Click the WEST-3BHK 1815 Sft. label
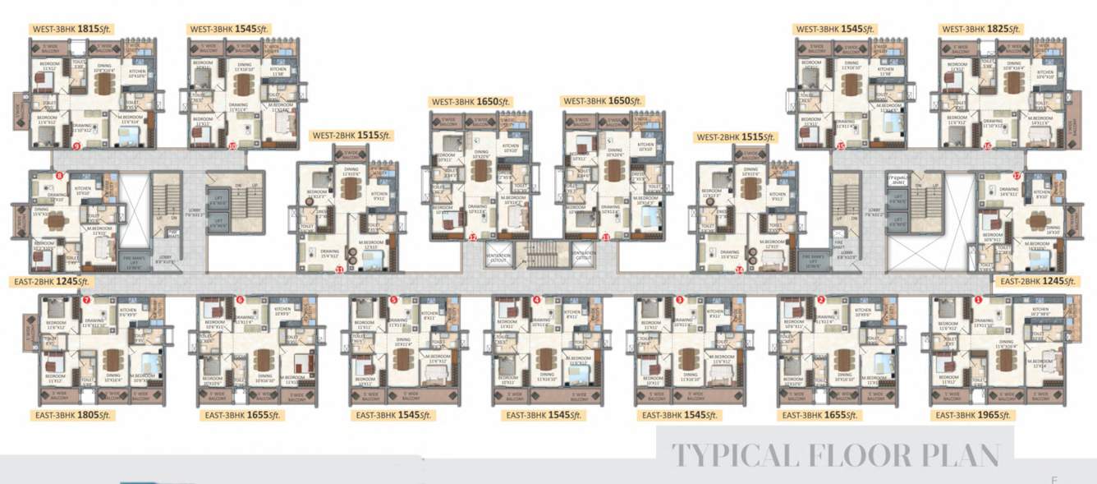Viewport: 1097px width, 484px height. (71, 29)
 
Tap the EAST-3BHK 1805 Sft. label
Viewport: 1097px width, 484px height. (72, 416)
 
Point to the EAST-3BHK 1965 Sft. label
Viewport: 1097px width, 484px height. (973, 416)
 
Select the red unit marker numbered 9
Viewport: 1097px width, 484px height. (76, 146)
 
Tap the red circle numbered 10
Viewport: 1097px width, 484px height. (232, 146)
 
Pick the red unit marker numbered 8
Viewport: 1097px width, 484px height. (59, 176)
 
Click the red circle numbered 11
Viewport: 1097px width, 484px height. (339, 269)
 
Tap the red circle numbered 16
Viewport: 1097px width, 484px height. (987, 146)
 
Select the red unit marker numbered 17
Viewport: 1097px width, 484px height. (1017, 176)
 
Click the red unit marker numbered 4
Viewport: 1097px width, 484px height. (536, 300)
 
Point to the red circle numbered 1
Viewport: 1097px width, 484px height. (977, 300)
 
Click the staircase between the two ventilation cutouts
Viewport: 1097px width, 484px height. (539, 254)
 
